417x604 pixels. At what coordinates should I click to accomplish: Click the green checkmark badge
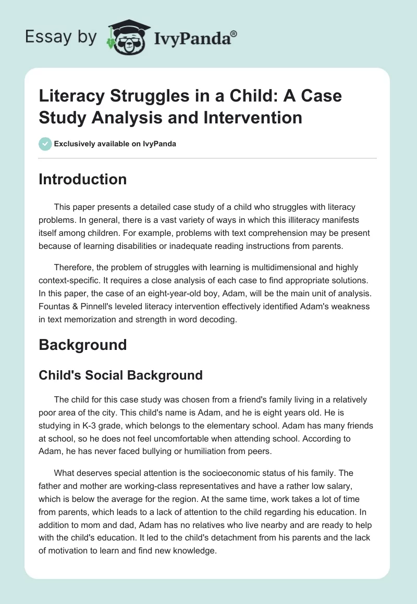[x=45, y=144]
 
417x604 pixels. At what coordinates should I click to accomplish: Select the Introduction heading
[x=82, y=179]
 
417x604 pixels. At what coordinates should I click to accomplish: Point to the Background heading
[x=82, y=345]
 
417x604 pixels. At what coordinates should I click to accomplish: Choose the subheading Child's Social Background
[x=120, y=375]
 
